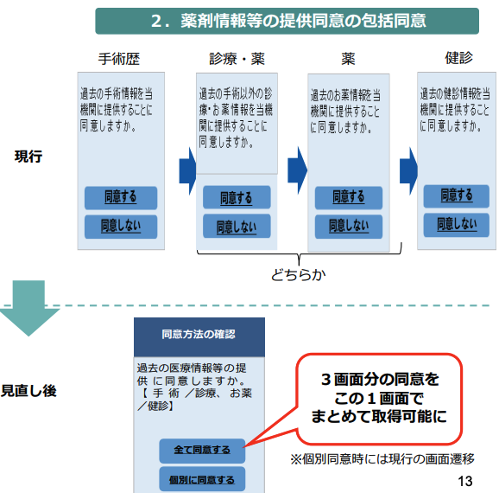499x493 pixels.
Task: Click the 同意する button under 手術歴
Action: [121, 198]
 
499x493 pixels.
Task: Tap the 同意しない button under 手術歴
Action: [121, 227]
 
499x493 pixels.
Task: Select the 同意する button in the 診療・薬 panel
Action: [237, 197]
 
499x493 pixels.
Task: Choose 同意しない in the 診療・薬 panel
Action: [237, 226]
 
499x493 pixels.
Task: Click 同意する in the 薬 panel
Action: [349, 198]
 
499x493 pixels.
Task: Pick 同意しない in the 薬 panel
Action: [349, 227]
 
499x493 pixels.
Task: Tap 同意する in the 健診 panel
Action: [457, 196]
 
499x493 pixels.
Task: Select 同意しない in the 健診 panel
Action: [457, 225]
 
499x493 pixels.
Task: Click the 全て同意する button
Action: [202, 451]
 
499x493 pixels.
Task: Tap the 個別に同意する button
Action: [202, 479]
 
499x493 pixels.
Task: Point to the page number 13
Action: [465, 481]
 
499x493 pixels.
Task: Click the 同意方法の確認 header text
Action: [199, 334]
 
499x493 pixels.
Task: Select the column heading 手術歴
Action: [119, 59]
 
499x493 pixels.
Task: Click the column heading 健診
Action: [458, 58]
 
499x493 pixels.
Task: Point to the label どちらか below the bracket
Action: [298, 275]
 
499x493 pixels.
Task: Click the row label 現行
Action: [28, 157]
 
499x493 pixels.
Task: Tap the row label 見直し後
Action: [28, 391]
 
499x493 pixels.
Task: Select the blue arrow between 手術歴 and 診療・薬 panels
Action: [187, 171]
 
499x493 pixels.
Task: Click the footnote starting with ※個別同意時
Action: [382, 459]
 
